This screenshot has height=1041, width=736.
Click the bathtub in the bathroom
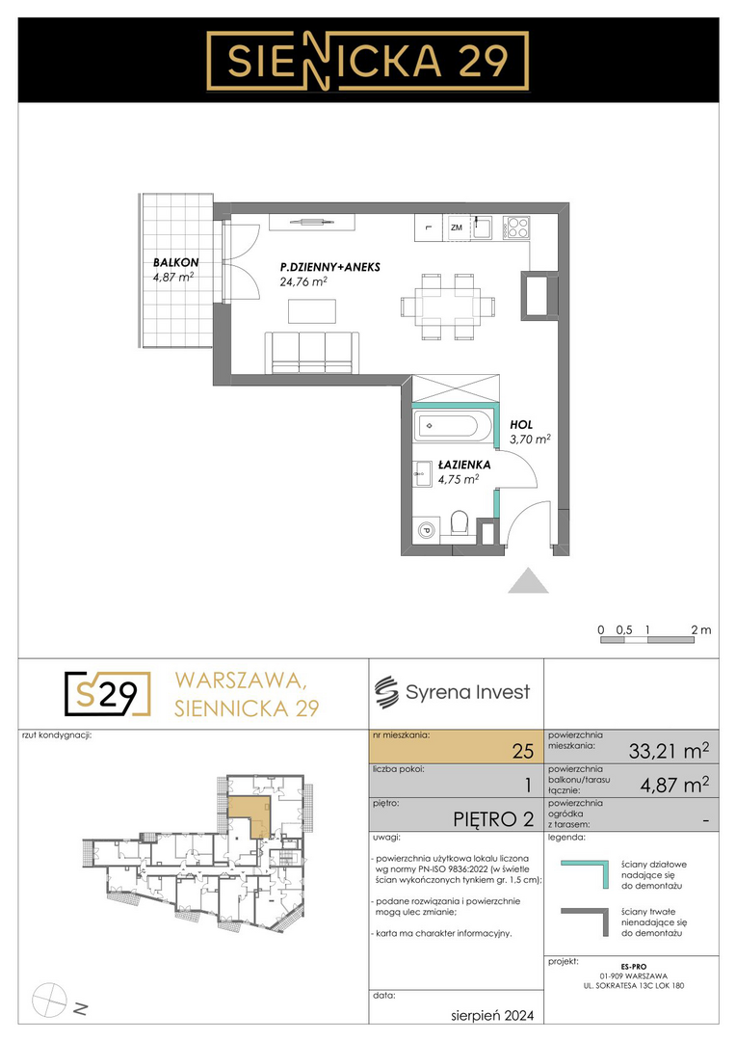451,426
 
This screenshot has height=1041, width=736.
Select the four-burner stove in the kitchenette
516,227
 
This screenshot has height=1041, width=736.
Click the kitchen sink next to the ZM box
482,227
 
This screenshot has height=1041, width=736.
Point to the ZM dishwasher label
457,227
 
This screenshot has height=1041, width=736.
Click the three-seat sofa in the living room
312,353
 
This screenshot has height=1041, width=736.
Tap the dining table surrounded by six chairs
449,307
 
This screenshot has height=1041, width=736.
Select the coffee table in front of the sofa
312,310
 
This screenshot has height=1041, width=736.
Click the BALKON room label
176,263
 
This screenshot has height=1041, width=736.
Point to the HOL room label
521,425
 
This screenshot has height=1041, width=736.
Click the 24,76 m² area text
303,281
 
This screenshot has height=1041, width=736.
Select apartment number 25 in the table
523,751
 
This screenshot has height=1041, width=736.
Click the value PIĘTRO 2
493,819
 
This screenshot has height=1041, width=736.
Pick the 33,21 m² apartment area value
669,751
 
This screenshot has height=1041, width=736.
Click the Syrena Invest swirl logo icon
385,692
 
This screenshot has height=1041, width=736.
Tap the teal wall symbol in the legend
585,874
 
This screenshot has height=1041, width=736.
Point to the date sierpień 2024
491,1015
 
